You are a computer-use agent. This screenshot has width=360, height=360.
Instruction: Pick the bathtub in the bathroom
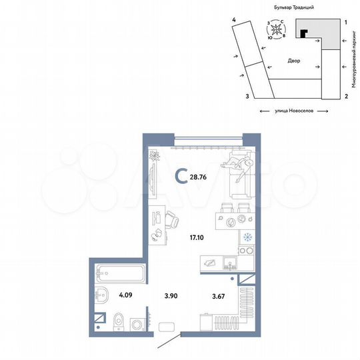(117, 272)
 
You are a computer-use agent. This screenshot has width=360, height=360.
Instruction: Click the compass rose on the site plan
(277, 31)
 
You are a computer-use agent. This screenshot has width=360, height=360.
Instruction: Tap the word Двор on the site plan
(295, 61)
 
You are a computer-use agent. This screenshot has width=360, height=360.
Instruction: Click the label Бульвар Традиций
(293, 6)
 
